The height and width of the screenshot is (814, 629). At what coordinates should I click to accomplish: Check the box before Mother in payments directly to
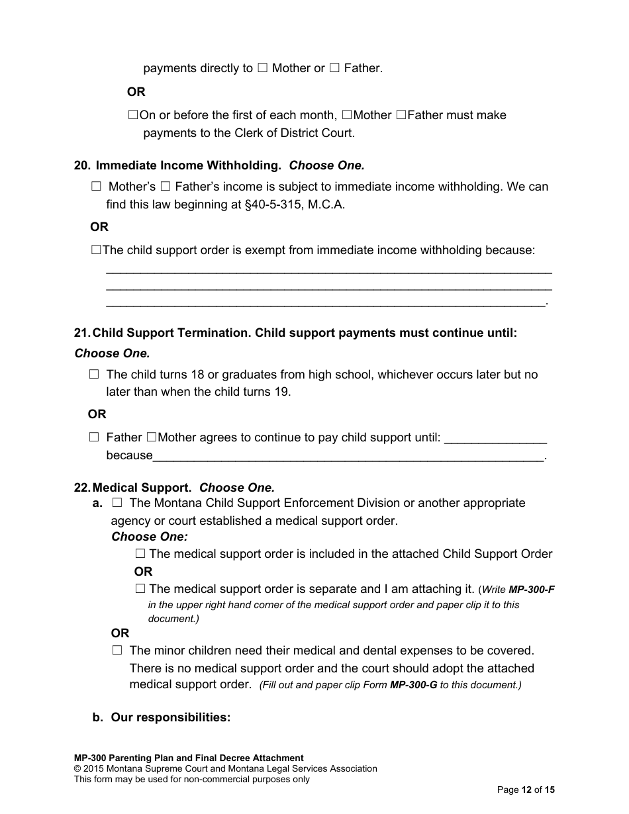[262, 68]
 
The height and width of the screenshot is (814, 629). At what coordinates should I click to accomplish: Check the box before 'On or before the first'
[132, 115]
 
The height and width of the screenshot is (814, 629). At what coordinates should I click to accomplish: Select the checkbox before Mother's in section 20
[97, 187]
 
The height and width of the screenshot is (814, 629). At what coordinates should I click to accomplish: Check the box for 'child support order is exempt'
[96, 250]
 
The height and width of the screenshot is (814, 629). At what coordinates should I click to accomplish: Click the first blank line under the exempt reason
[328, 271]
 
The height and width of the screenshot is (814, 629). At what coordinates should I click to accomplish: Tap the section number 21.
[81, 333]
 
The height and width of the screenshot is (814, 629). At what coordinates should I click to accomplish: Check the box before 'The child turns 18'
[94, 375]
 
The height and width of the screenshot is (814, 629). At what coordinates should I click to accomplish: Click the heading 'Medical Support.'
[142, 488]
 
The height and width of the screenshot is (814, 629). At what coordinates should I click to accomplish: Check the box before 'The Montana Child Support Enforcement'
[118, 504]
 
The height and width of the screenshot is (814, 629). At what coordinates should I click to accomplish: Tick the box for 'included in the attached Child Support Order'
[140, 554]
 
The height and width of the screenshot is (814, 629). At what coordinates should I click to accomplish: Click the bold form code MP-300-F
[532, 590]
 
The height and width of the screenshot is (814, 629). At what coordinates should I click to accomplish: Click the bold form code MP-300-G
[414, 686]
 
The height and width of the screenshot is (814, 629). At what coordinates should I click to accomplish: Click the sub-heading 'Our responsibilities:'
[171, 717]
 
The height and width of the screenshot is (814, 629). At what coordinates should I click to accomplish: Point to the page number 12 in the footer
[527, 790]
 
